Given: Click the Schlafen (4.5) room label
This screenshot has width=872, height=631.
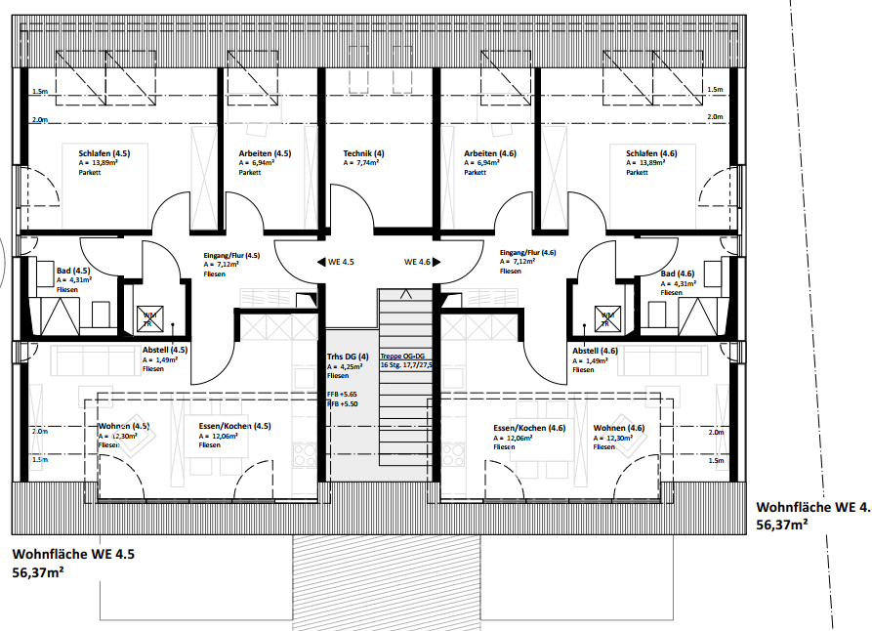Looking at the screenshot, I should pyautogui.click(x=104, y=153).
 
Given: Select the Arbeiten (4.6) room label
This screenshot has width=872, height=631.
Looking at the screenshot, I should pyautogui.click(x=490, y=153).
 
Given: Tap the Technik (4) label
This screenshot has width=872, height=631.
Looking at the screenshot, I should pyautogui.click(x=363, y=153).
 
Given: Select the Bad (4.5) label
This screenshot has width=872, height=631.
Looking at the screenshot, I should pyautogui.click(x=74, y=271).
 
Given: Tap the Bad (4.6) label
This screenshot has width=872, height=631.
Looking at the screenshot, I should pyautogui.click(x=678, y=273).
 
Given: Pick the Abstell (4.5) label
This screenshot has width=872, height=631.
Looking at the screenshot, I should pyautogui.click(x=165, y=350).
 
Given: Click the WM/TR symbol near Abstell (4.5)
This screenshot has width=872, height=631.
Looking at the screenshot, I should pyautogui.click(x=149, y=315).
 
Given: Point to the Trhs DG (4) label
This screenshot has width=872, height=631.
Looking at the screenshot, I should pyautogui.click(x=349, y=357).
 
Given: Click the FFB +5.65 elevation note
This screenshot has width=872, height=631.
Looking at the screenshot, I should pyautogui.click(x=342, y=395).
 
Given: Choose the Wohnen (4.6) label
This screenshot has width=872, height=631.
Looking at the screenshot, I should pyautogui.click(x=618, y=428).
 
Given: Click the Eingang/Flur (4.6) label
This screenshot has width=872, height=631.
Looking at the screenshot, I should pyautogui.click(x=527, y=252).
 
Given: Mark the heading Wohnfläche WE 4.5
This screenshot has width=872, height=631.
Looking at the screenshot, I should pyautogui.click(x=73, y=555).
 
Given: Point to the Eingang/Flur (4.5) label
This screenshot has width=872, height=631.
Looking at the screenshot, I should pyautogui.click(x=231, y=255).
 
